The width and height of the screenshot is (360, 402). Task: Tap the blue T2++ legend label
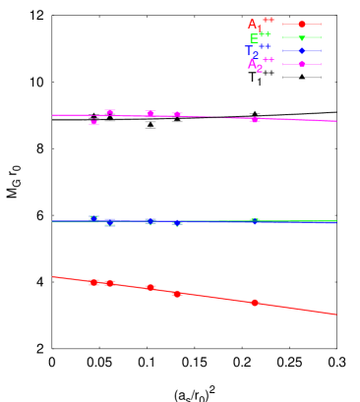259,51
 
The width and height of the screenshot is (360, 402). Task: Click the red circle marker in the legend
302,24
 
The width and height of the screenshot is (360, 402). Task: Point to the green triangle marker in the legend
302,37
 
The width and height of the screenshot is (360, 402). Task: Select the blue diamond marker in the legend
302,50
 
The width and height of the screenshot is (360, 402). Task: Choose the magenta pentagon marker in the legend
302,64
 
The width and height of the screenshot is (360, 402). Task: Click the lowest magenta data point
94,122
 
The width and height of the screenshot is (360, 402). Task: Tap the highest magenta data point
110,112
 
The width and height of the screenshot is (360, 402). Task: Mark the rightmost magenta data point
255,119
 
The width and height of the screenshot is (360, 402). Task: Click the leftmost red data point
94,282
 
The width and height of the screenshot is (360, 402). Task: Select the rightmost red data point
255,303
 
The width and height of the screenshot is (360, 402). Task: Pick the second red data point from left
110,283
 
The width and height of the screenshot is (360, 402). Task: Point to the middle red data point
150,287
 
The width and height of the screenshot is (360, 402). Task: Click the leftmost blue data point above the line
94,218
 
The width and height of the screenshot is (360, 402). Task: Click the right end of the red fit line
336,315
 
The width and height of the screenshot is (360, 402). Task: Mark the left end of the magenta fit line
53,115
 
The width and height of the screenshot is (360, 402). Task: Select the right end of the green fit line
336,221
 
